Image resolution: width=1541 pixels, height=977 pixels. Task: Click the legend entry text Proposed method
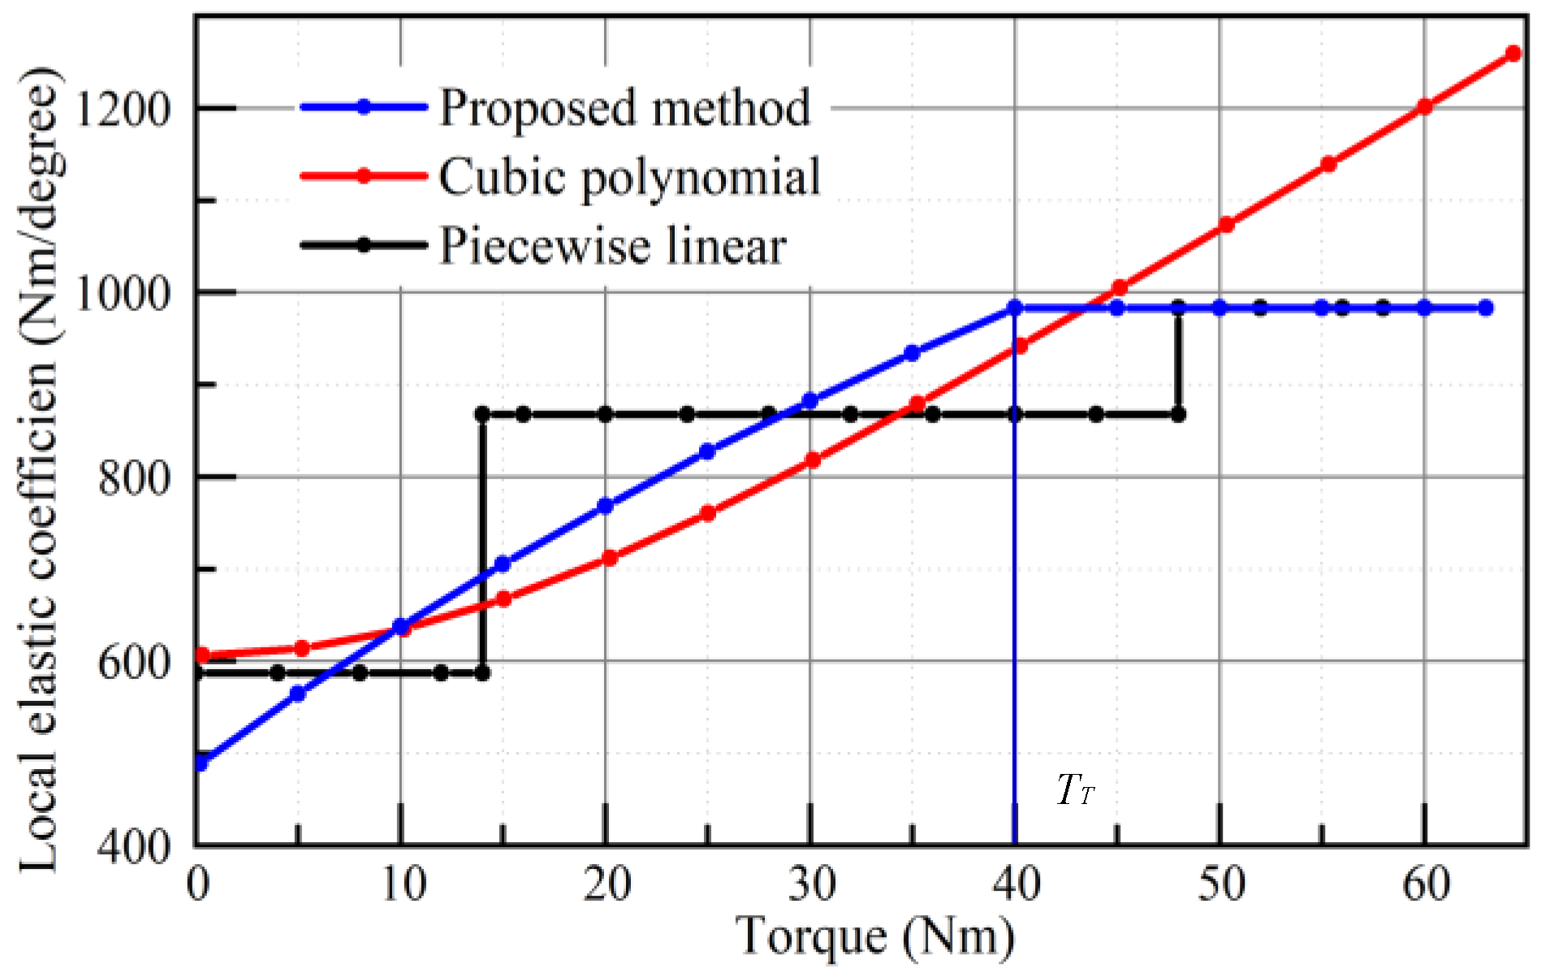pos(624,107)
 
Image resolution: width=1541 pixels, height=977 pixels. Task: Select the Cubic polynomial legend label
pos(629,176)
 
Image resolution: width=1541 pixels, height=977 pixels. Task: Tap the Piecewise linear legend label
pos(612,245)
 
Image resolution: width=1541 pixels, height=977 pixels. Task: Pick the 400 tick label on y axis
pos(134,846)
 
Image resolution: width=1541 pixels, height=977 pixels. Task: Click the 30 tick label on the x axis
pos(811,884)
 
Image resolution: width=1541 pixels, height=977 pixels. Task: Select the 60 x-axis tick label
pos(1426,884)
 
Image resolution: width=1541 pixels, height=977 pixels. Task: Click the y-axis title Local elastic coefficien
pos(39,471)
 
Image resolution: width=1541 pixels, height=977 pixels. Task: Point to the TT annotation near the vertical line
pos(1076,789)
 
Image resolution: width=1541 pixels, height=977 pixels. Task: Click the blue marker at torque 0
pos(201,763)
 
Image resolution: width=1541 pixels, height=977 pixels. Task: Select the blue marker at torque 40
pos(1015,308)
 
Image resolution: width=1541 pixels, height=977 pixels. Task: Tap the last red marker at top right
pos(1513,54)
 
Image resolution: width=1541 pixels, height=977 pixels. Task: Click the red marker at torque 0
pos(202,655)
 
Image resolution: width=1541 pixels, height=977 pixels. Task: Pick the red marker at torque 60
pos(1424,106)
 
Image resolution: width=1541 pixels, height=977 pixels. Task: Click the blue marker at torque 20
pos(605,506)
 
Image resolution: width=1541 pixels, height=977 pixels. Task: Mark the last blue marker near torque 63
pos(1486,308)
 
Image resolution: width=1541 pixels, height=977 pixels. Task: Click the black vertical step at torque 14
pos(482,544)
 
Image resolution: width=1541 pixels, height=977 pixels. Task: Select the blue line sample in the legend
pos(364,107)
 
